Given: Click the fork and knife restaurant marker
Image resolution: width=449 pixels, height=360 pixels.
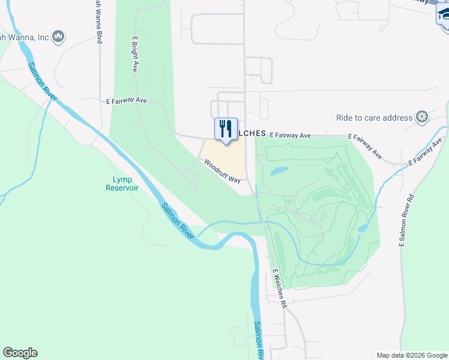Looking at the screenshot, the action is [x=226, y=129].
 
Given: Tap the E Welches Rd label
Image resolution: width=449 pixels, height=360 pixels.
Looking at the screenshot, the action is [x=280, y=288].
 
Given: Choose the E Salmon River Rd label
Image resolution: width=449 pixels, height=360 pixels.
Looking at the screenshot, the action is [x=406, y=220].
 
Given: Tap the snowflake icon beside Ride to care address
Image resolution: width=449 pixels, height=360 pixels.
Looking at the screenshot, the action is [x=423, y=116].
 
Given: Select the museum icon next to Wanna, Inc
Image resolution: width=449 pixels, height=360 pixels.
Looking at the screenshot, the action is [x=58, y=38].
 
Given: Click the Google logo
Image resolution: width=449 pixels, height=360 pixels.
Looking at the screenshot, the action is [x=20, y=353].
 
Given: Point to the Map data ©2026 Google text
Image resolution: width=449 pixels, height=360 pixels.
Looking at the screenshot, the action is [x=411, y=355].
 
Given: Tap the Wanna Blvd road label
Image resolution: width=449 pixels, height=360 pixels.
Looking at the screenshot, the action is [x=97, y=21].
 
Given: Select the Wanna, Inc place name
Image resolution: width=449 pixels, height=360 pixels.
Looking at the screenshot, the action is [x=24, y=38].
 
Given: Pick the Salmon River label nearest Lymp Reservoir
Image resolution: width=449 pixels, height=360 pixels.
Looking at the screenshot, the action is [x=177, y=221].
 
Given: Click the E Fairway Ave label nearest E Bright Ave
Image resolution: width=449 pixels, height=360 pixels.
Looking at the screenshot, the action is [x=127, y=101].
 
